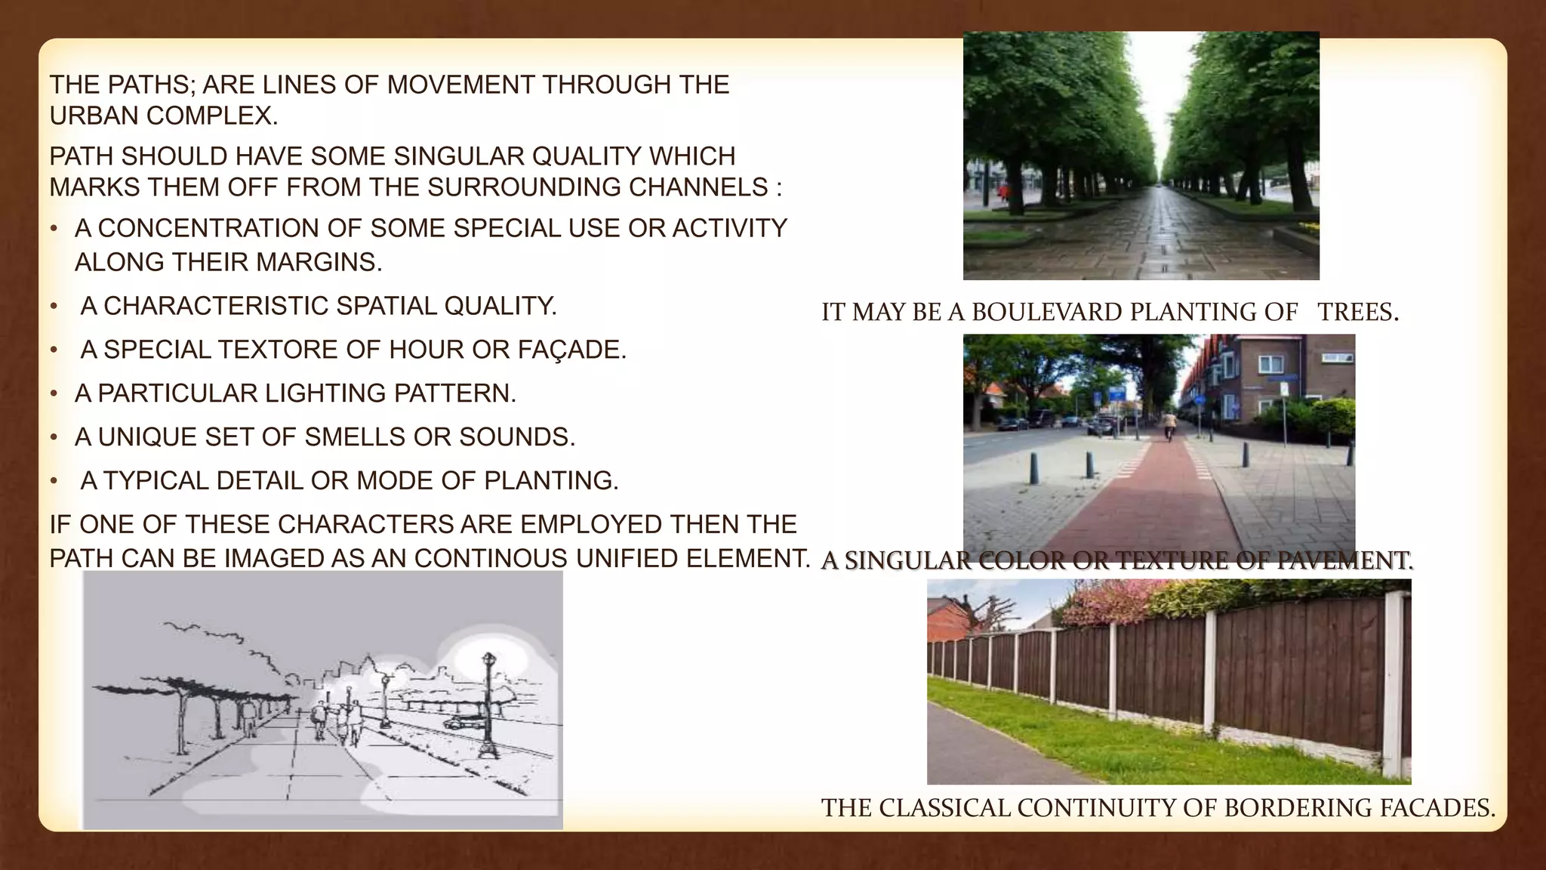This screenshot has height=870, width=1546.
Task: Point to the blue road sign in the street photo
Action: [x=1114, y=394]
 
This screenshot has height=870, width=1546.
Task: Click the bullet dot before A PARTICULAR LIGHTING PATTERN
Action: [x=54, y=394]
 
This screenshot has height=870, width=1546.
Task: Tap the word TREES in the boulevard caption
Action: [x=1357, y=312]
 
